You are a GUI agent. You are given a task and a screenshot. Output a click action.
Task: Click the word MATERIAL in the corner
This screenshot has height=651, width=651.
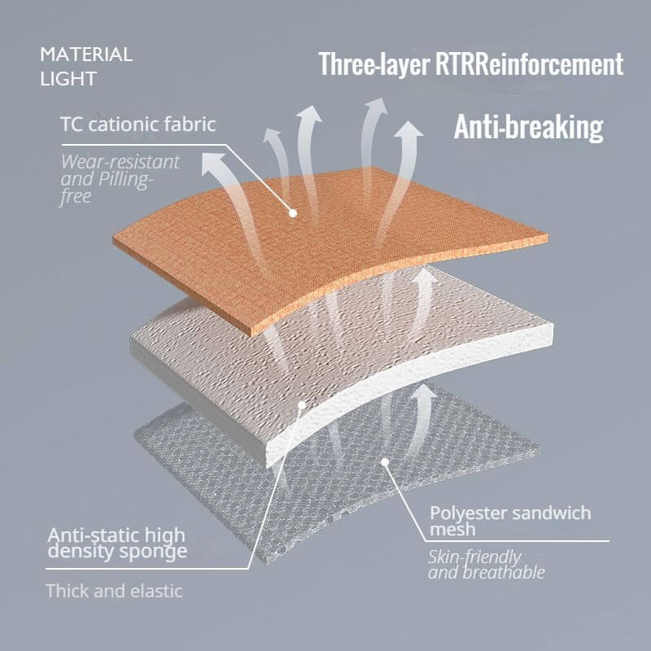[86, 55]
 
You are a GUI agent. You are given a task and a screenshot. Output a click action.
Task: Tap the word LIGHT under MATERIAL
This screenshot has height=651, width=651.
[68, 79]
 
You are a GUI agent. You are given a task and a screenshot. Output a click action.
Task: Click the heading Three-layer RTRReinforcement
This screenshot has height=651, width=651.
[471, 64]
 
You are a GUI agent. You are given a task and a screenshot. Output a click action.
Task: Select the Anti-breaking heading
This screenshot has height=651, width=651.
[528, 127]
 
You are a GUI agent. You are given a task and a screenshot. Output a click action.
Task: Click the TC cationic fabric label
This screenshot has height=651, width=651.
[138, 125]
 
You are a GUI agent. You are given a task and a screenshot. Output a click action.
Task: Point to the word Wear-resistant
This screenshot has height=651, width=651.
[120, 161]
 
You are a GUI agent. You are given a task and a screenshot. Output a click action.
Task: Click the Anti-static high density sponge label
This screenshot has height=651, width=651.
[116, 544]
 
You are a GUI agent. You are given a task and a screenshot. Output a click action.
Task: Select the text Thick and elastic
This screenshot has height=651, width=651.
[114, 591]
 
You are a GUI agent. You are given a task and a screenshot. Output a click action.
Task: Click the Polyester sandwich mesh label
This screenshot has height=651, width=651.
[510, 521]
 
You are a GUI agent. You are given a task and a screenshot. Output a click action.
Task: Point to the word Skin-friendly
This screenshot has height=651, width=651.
[474, 557]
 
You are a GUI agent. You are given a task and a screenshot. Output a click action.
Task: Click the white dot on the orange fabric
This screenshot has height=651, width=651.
[293, 213]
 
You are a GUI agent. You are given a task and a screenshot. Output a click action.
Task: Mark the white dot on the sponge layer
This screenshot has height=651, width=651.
[302, 404]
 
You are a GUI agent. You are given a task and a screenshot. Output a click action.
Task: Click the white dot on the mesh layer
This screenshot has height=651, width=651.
[385, 461]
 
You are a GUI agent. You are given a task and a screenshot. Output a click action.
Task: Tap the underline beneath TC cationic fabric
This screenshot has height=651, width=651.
[144, 145]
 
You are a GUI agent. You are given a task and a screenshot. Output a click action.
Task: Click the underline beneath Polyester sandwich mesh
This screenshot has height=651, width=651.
[518, 541]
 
